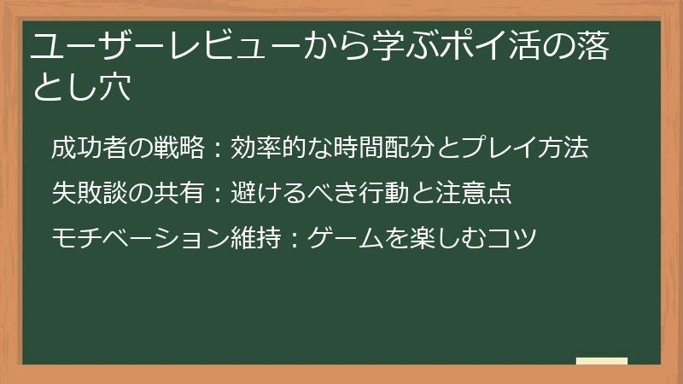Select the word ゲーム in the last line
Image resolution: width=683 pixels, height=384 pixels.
[x=343, y=237]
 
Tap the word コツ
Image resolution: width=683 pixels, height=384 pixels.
[x=511, y=237]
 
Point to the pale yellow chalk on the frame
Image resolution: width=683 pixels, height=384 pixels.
[x=602, y=361]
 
